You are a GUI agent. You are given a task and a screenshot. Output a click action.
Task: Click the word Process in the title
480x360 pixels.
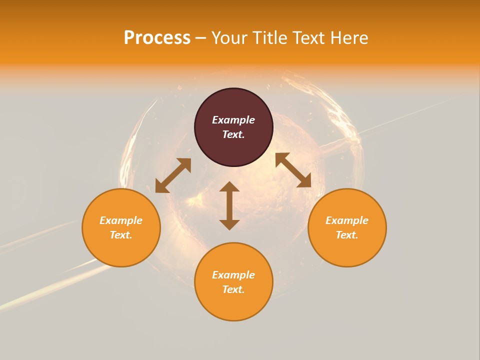(x=157, y=38)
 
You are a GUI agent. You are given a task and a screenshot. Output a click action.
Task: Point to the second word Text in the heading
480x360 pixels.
(x=309, y=38)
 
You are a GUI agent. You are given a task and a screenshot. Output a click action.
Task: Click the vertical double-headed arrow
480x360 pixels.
(x=229, y=206)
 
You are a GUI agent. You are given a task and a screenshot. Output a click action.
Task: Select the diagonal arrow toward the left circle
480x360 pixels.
(x=173, y=175)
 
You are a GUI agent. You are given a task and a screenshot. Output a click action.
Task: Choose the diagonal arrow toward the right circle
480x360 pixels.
(x=293, y=170)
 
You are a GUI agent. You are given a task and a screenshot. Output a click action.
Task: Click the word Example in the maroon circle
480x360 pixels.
(x=233, y=120)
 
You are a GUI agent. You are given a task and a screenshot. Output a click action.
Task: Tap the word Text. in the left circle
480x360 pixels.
(x=121, y=235)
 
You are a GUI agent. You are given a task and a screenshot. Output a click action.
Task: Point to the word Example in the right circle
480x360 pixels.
(x=347, y=220)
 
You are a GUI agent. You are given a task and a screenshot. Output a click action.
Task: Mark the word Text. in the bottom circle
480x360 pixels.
(x=233, y=289)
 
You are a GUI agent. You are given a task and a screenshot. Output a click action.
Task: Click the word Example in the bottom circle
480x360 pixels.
(x=233, y=275)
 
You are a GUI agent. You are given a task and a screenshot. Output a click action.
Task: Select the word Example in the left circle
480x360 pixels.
(x=121, y=220)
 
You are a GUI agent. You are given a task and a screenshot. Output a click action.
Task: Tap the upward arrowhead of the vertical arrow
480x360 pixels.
(x=229, y=187)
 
